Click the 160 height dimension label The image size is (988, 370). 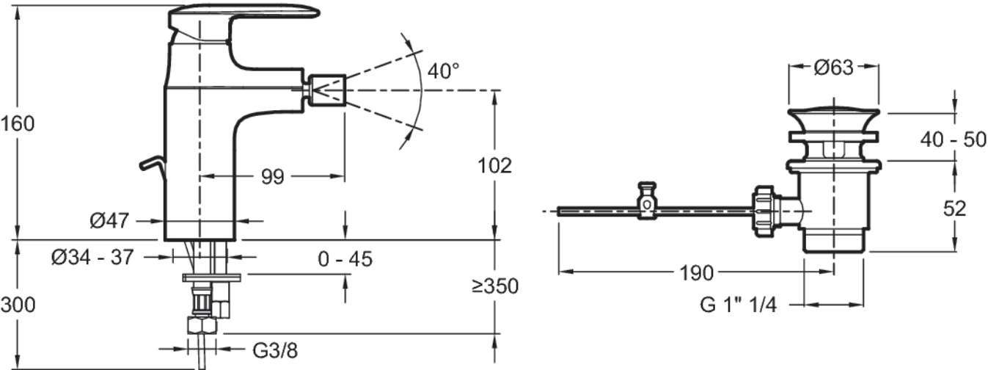(x=17, y=124)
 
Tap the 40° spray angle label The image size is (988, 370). (x=443, y=71)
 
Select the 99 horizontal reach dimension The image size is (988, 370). (x=273, y=177)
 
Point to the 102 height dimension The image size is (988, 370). (x=495, y=166)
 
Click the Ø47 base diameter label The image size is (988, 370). (x=109, y=220)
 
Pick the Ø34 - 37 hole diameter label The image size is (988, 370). (x=92, y=257)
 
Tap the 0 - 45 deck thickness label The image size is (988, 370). (x=345, y=259)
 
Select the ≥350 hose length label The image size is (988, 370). (x=495, y=286)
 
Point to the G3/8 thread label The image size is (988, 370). (x=275, y=351)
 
